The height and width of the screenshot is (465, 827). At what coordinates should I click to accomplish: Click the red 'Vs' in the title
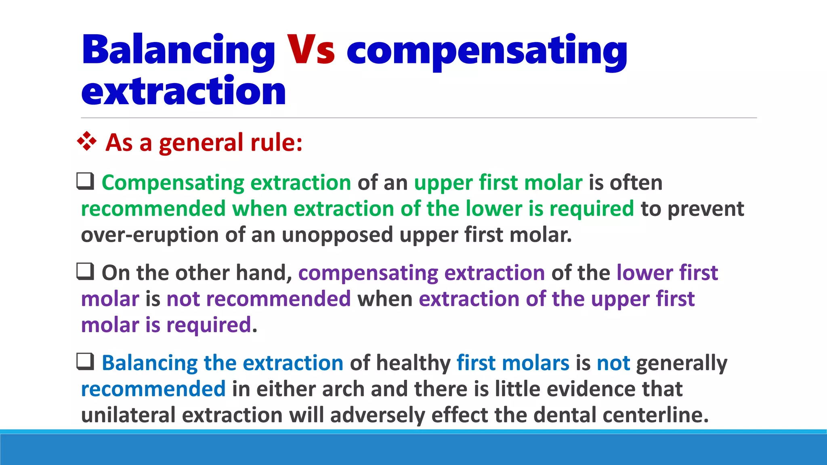click(x=311, y=50)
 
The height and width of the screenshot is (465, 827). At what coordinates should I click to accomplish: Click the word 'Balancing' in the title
click(x=178, y=50)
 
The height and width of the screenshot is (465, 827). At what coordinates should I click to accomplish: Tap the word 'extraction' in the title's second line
click(x=184, y=92)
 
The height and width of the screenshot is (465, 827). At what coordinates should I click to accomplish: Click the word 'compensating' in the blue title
click(x=487, y=50)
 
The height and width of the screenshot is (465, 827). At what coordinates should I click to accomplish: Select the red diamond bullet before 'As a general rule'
click(x=87, y=142)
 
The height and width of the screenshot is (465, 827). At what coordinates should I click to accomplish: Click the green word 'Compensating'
click(x=173, y=183)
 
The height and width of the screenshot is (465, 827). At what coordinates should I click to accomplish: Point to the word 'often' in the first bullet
click(x=636, y=183)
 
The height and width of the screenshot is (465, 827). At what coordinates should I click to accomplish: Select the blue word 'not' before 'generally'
click(x=613, y=363)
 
